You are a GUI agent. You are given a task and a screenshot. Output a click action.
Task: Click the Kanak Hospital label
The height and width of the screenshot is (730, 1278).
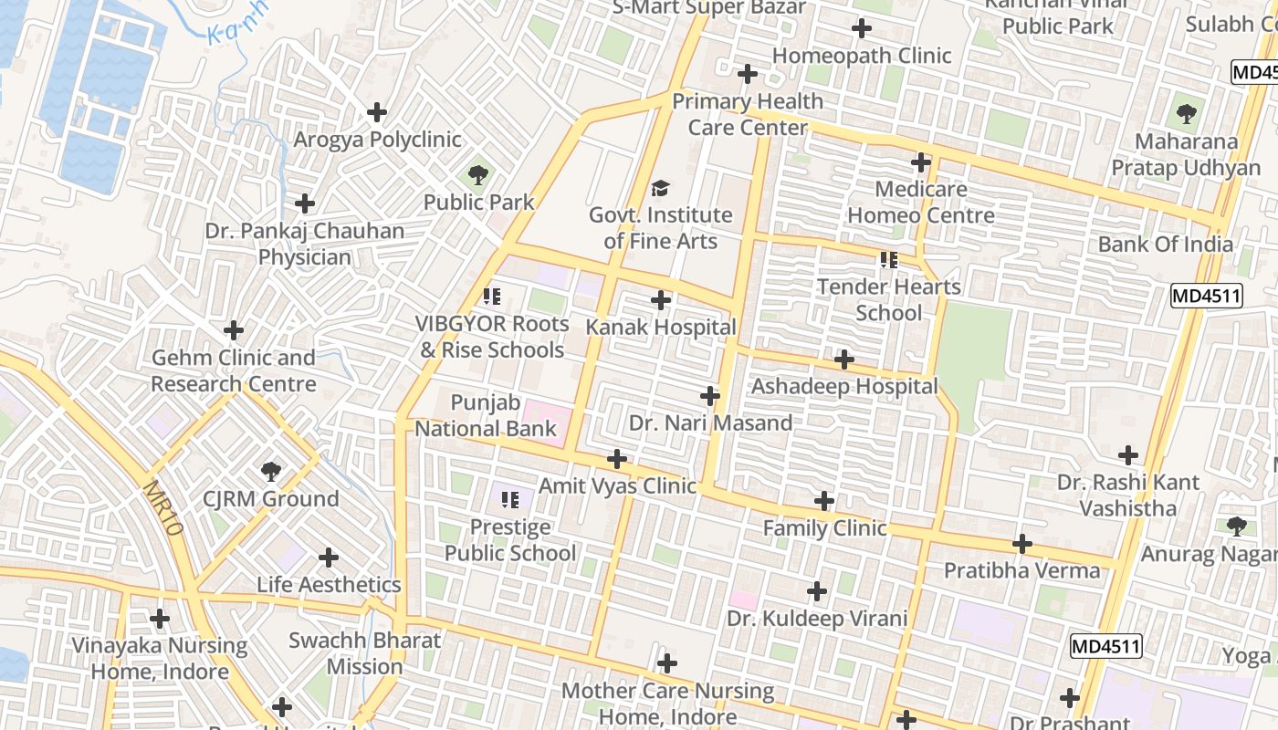tap(660, 327)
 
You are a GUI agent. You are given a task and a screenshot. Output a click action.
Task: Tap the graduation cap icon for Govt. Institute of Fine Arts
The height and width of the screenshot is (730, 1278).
tap(660, 189)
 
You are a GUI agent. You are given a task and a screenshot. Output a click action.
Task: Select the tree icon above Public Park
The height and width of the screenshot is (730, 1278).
tap(477, 174)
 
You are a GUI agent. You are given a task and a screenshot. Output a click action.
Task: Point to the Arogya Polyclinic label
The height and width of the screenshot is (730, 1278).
tap(377, 140)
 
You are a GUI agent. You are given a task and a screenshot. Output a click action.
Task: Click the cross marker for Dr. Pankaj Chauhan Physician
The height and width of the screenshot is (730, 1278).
tap(305, 203)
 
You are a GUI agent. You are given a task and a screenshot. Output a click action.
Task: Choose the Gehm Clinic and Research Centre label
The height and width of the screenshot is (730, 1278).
tap(234, 370)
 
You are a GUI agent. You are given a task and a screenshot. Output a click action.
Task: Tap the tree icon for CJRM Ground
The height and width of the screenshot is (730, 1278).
tap(270, 472)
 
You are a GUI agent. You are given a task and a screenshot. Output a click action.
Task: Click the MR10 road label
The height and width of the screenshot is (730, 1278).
tap(163, 507)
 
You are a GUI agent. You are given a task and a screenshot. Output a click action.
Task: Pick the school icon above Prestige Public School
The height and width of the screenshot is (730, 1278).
tap(510, 499)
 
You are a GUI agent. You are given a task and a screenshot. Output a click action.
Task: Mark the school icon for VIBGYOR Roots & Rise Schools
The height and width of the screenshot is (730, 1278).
tap(492, 296)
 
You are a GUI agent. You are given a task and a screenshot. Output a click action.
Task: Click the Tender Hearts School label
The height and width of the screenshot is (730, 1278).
tap(889, 299)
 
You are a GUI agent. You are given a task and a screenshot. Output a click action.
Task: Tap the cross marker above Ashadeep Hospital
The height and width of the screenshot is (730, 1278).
tap(844, 360)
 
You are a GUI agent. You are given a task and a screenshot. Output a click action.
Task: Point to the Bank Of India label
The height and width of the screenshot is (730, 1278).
tap(1165, 244)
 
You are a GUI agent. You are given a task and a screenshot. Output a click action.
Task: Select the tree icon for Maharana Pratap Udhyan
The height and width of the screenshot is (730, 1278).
tap(1186, 114)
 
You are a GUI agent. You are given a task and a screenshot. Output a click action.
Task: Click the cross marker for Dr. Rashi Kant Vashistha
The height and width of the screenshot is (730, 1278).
tap(1128, 454)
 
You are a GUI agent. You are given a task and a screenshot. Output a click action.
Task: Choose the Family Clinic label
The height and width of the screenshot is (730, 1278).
tap(824, 527)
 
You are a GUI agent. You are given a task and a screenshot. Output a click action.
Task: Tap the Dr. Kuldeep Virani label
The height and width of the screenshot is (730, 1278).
tap(817, 619)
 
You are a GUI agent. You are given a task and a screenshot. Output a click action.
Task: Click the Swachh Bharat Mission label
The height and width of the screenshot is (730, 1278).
tap(364, 653)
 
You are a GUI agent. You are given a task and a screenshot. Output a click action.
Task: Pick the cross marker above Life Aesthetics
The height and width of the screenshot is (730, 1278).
tap(329, 558)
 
